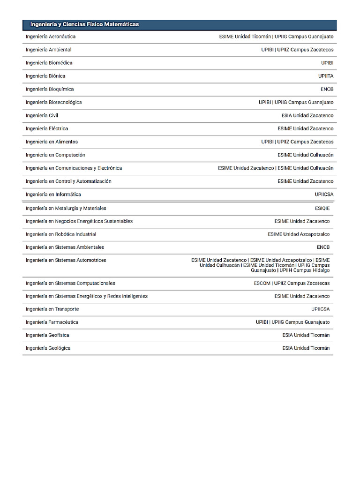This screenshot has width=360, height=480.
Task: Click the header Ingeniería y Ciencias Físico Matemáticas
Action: coord(84,24)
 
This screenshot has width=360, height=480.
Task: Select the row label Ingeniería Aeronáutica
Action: coord(51,37)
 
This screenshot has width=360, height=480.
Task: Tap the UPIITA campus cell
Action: coord(326,76)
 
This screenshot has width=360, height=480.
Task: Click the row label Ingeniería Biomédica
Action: coord(49,63)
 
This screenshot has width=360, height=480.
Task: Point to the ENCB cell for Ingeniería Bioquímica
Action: coord(327,89)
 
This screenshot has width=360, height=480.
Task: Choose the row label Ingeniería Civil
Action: coord(42,115)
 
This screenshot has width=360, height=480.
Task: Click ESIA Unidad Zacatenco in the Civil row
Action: coord(307,115)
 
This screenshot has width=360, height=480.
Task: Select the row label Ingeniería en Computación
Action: coord(55,155)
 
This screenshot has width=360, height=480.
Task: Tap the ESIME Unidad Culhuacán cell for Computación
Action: coord(305,155)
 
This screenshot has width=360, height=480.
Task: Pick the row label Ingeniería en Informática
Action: coord(53,194)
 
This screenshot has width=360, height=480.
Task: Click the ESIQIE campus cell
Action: coord(322,208)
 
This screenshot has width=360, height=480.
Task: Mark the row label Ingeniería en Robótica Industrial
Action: coord(61,234)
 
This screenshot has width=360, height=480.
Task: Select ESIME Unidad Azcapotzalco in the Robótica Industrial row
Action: coord(299,234)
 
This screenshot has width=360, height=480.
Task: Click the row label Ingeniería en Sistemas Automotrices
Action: coord(66,260)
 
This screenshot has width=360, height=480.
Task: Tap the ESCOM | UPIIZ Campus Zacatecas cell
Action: coord(292,283)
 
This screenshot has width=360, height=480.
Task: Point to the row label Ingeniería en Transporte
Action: coord(52,309)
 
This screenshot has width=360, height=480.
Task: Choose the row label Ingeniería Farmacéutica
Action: coord(52,322)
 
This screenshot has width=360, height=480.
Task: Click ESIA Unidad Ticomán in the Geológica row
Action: coord(306,348)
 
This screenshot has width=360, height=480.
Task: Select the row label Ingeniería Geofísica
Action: coord(47,335)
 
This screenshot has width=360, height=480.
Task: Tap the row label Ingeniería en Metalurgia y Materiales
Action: coord(66,208)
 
